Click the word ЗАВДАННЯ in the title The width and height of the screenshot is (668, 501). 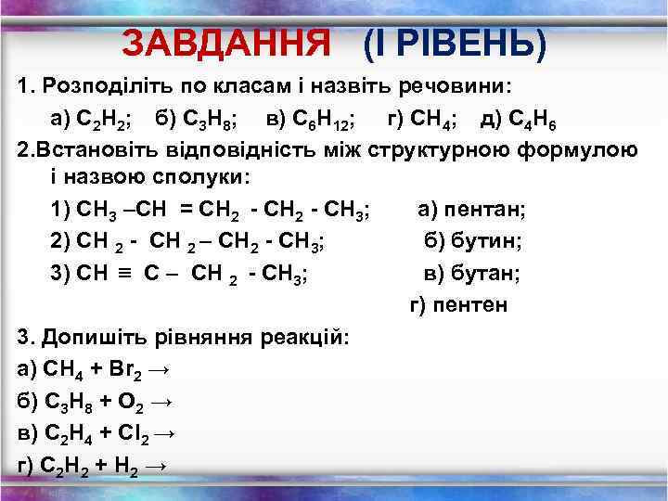tap(226, 41)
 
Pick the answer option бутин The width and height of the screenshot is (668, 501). tap(485, 241)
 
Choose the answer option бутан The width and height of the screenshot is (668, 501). tap(484, 273)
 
